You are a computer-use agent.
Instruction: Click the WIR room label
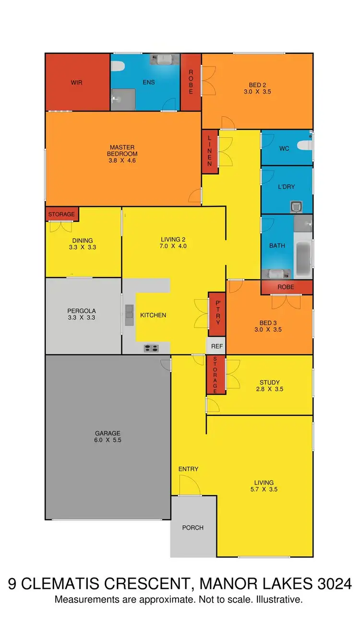(x=76, y=83)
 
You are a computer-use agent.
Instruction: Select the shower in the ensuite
(x=123, y=99)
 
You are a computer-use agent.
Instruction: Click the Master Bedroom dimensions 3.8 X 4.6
(x=123, y=160)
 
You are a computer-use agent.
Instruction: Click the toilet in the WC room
(x=303, y=145)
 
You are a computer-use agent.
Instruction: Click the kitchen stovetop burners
(x=151, y=349)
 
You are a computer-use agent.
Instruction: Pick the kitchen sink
(x=129, y=315)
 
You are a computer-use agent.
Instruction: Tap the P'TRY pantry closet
(x=217, y=314)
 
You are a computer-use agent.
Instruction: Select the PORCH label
(x=193, y=527)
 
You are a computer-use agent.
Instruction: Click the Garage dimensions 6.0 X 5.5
(x=108, y=439)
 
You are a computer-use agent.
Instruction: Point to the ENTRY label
(x=188, y=469)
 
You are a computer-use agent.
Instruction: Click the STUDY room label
(x=269, y=383)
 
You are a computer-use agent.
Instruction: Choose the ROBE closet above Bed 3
(x=286, y=287)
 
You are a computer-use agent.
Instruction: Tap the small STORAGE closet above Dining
(x=61, y=214)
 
